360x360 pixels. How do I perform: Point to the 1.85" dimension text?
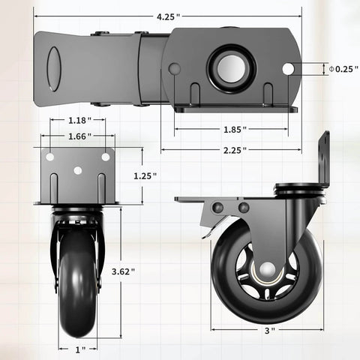click(x=233, y=129)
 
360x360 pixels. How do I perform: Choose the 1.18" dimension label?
click(x=78, y=120)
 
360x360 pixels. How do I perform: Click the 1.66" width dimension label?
click(x=78, y=136)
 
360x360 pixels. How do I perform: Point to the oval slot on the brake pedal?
click(x=53, y=69)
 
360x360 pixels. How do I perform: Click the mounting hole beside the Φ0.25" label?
click(x=288, y=69)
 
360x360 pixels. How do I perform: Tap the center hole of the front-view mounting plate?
click(x=78, y=170)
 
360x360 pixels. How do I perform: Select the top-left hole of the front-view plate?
click(x=50, y=157)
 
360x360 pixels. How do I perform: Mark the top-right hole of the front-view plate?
click(x=106, y=157)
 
